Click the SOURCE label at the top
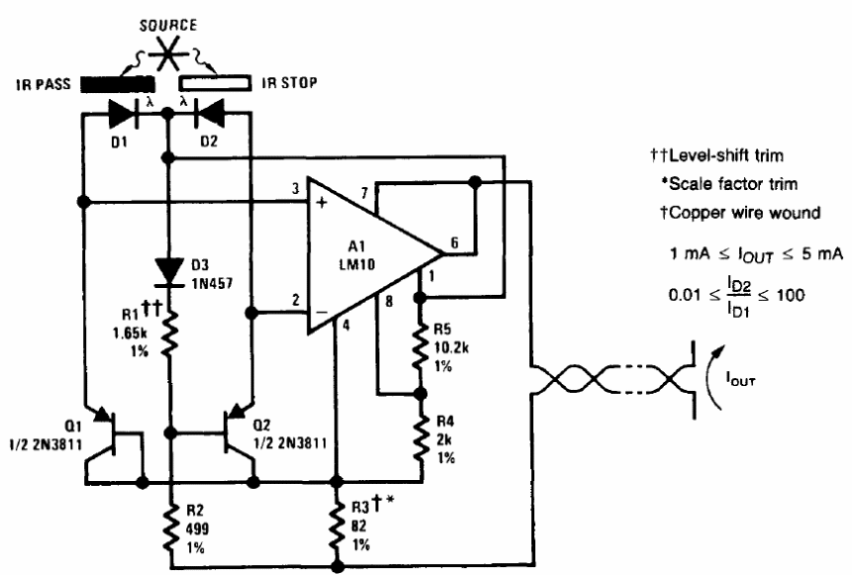click(168, 26)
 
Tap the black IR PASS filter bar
click(118, 84)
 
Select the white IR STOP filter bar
click(215, 83)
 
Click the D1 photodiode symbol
click(124, 114)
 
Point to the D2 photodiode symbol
click(209, 114)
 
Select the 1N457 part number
click(212, 283)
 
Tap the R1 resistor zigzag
click(169, 333)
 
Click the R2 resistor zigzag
click(171, 527)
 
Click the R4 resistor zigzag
click(420, 437)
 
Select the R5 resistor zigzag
click(420, 347)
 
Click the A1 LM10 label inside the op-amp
click(356, 255)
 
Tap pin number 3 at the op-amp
click(295, 189)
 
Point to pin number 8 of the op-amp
click(389, 301)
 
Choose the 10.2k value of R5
click(451, 347)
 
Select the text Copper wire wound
click(744, 213)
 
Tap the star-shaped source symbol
click(168, 53)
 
